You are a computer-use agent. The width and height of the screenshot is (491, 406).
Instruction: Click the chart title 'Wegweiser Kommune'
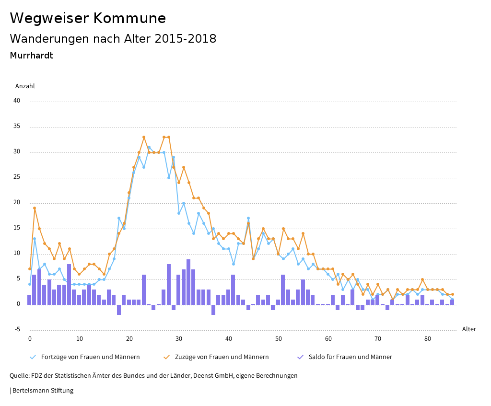(x=88, y=18)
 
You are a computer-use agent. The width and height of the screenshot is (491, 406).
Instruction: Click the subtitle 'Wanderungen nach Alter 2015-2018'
(x=113, y=39)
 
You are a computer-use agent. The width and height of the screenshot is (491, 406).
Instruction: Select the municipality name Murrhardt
(x=31, y=56)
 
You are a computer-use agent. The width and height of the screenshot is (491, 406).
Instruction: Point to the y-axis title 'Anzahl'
(x=25, y=86)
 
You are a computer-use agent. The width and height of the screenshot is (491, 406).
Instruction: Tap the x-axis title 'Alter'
(x=469, y=329)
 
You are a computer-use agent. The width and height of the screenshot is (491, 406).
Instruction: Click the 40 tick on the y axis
(x=17, y=101)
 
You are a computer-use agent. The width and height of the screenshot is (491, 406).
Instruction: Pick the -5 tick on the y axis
(x=17, y=329)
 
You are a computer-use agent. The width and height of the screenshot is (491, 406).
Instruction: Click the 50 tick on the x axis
(x=279, y=339)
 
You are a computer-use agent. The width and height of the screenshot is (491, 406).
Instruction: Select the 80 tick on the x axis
(x=428, y=339)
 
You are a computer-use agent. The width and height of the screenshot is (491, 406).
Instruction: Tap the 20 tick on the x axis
(x=129, y=339)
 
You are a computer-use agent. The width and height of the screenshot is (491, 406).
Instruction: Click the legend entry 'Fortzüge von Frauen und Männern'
(x=90, y=357)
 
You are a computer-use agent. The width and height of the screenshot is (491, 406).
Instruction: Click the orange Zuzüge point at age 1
(x=35, y=208)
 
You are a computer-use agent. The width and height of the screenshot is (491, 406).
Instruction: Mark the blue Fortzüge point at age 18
(x=119, y=218)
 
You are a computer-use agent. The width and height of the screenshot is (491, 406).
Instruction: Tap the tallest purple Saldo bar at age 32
(x=188, y=282)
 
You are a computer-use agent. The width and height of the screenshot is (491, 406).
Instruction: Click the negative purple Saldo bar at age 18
(x=119, y=310)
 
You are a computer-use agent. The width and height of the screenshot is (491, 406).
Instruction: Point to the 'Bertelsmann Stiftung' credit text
(x=42, y=391)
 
